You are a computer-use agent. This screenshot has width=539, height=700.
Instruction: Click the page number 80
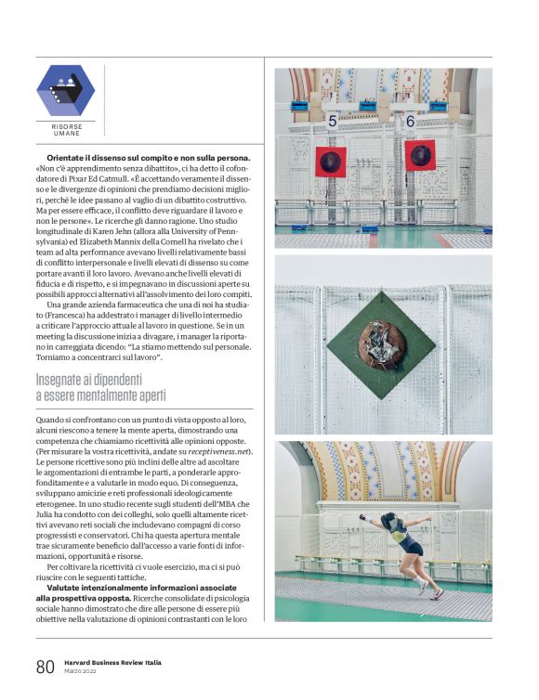pyautogui.click(x=46, y=668)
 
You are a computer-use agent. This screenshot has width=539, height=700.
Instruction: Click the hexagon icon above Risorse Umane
pyautogui.click(x=65, y=90)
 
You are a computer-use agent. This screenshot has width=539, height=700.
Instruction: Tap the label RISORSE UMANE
pyautogui.click(x=66, y=130)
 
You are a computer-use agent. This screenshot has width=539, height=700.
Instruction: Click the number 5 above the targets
pyautogui.click(x=332, y=121)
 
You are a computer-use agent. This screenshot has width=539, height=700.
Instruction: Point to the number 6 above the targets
pyautogui.click(x=410, y=121)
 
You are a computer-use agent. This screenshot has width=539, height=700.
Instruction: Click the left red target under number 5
pyautogui.click(x=330, y=162)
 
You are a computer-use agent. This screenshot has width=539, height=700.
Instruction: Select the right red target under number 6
pyautogui.click(x=420, y=155)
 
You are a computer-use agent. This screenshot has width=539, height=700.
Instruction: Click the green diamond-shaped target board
pyautogui.click(x=381, y=344)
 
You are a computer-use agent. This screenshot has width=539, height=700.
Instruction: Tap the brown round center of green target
pyautogui.click(x=381, y=344)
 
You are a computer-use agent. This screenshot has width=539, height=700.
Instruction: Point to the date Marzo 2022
pyautogui.click(x=82, y=673)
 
